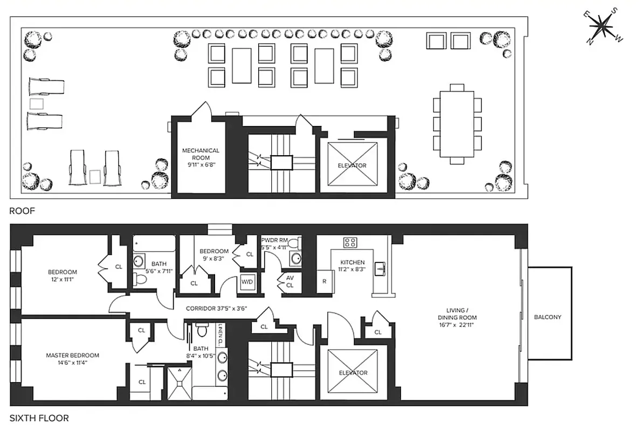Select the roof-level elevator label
[353, 165]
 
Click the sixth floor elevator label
[353, 373]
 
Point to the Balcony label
[547, 317]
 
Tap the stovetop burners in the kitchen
[351, 242]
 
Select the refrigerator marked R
[325, 282]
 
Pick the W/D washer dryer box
[247, 282]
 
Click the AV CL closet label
[289, 281]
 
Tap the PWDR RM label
[273, 244]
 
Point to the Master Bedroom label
[72, 359]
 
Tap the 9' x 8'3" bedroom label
[214, 255]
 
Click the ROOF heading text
[22, 211]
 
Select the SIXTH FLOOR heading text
[39, 418]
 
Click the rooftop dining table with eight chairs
[457, 122]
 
